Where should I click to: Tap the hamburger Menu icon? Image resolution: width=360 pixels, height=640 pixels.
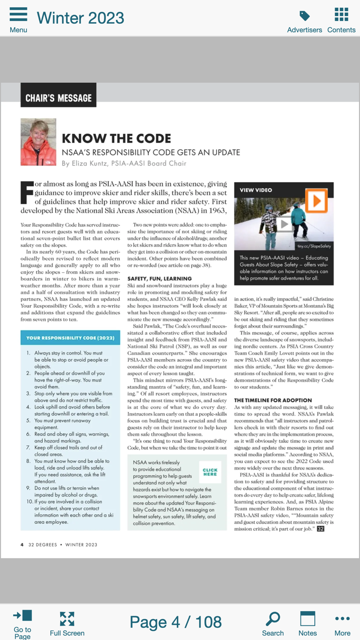(19, 14)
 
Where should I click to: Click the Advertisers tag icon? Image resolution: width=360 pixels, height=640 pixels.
(304, 15)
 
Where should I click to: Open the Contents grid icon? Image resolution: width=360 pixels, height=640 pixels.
(341, 14)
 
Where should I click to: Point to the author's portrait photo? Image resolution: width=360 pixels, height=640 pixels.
(39, 143)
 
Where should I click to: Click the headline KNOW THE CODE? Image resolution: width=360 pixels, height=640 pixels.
(116, 138)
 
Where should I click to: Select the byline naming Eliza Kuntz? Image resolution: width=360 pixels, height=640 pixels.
(124, 164)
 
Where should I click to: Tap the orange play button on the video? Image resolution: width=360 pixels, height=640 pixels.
(316, 201)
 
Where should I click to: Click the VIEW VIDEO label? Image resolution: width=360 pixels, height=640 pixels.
(256, 190)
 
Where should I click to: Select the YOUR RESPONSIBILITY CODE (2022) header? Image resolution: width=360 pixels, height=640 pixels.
(70, 338)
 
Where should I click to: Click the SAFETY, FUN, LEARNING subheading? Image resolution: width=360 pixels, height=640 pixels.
(159, 278)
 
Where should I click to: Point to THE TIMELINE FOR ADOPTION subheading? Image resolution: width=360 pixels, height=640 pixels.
(273, 400)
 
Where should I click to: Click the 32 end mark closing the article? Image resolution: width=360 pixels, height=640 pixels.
(320, 528)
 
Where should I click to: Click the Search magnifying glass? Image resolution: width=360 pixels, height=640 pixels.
(273, 618)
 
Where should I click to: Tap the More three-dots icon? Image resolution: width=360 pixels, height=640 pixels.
(342, 618)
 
